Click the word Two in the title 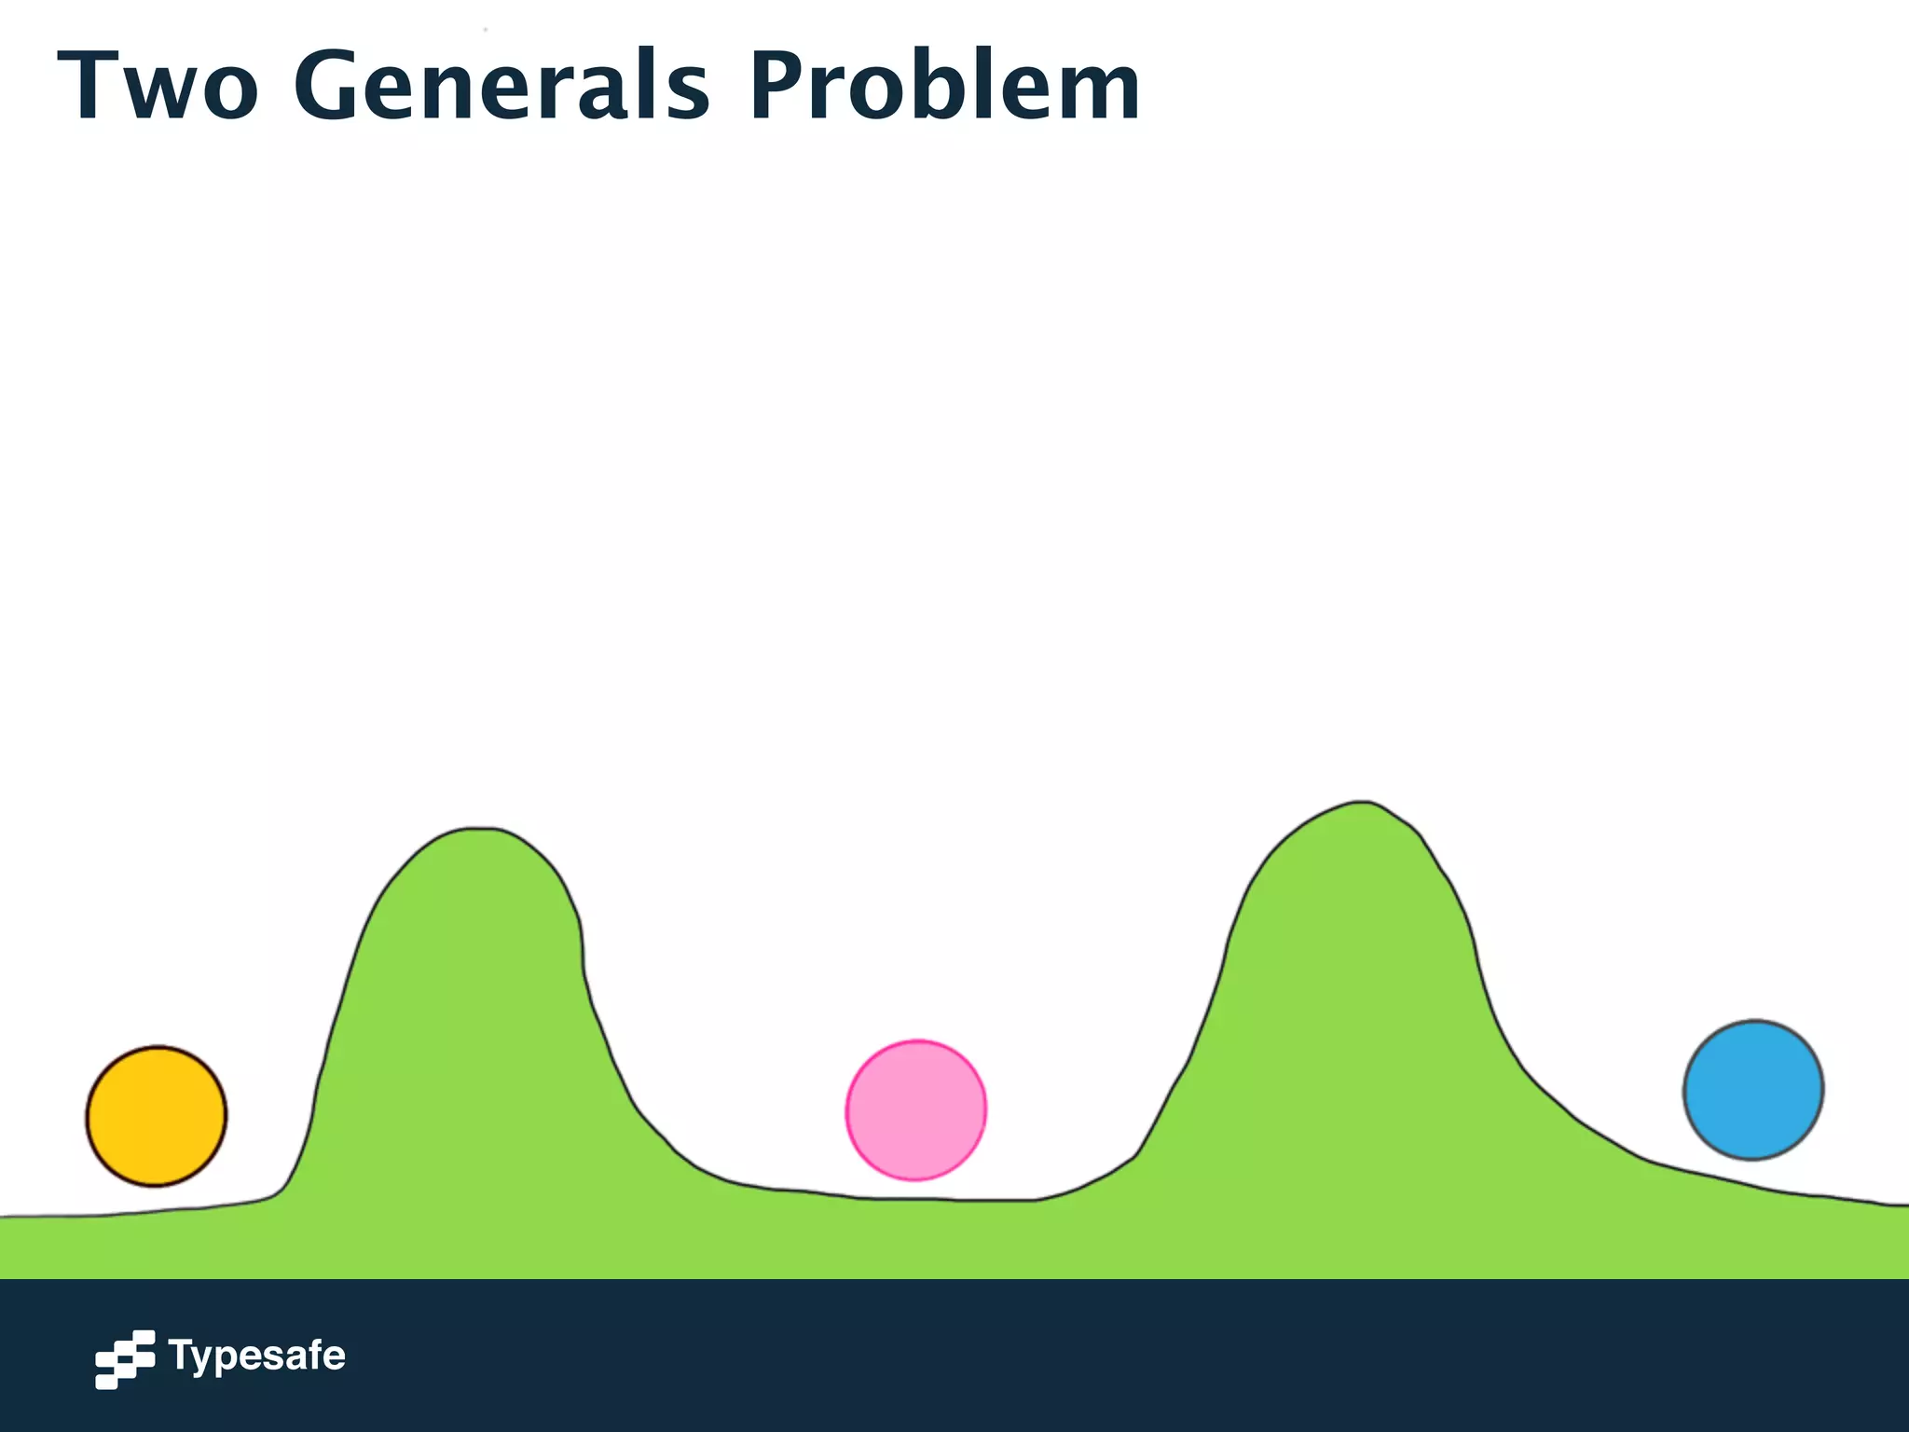pos(158,86)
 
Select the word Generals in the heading pos(501,86)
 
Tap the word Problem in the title pos(944,86)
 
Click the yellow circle pos(157,1116)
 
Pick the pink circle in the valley pos(915,1109)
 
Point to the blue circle pos(1753,1090)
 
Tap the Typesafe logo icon pos(125,1358)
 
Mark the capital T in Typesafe pos(180,1355)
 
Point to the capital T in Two pos(89,86)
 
